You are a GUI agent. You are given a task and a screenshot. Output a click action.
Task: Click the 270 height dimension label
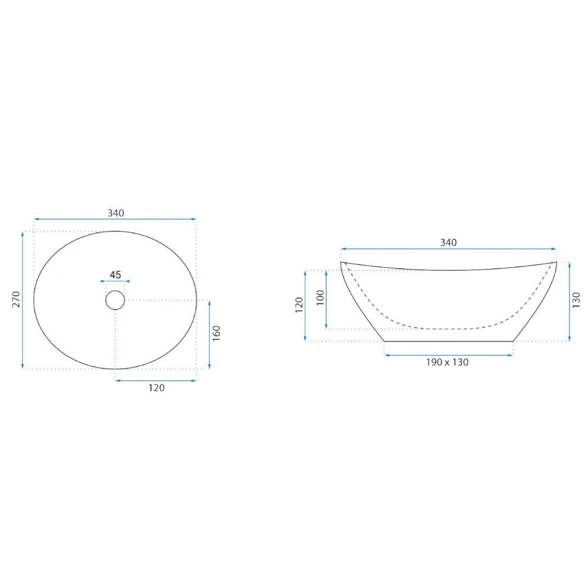[x=16, y=299]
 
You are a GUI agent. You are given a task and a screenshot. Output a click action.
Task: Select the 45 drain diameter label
[x=115, y=275]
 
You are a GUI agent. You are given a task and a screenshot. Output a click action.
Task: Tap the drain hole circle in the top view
[x=115, y=300]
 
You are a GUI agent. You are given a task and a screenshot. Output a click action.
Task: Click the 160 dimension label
[x=216, y=333]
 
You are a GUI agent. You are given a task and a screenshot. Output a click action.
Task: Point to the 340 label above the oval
[x=116, y=213]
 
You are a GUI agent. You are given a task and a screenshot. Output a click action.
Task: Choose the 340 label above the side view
[x=448, y=243]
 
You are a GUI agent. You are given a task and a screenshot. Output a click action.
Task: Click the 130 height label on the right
[x=576, y=300]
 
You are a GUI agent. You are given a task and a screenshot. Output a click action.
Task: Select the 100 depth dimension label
[x=321, y=298]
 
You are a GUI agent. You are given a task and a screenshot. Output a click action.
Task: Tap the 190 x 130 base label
[x=447, y=362]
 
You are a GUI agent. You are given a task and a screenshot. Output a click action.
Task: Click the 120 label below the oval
[x=156, y=387]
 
